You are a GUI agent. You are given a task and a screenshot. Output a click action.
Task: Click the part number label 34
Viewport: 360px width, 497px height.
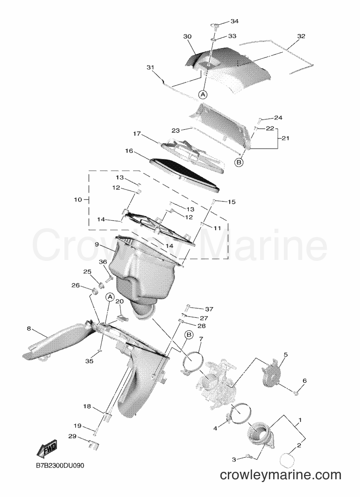pyautogui.click(x=234, y=21)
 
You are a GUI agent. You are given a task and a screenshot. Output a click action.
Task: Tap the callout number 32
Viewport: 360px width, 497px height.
pyautogui.click(x=301, y=36)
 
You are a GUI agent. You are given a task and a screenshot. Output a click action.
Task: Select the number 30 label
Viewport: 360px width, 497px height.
pyautogui.click(x=187, y=36)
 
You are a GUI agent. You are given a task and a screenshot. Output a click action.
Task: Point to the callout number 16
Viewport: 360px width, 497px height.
pyautogui.click(x=129, y=151)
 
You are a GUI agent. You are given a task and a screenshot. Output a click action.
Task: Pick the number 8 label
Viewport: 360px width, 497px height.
pyautogui.click(x=29, y=329)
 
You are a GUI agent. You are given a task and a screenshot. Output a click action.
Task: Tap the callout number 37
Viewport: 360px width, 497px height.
pyautogui.click(x=209, y=309)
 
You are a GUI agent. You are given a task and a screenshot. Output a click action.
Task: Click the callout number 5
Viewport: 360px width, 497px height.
pyautogui.click(x=285, y=354)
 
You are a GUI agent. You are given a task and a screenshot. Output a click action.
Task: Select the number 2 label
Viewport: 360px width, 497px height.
pyautogui.click(x=299, y=446)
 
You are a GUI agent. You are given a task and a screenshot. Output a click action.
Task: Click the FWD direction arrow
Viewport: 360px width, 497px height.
pyautogui.click(x=47, y=449)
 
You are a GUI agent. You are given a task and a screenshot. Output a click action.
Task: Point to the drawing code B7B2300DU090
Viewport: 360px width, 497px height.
pyautogui.click(x=60, y=466)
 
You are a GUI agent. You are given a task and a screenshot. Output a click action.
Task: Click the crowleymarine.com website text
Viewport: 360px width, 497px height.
pyautogui.click(x=280, y=475)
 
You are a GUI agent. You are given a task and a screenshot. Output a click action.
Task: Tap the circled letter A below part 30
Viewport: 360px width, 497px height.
pyautogui.click(x=203, y=94)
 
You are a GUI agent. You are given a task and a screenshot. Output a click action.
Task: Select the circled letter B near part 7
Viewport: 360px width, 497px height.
pyautogui.click(x=189, y=335)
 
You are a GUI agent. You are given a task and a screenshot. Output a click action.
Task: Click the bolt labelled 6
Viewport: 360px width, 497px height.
pyautogui.click(x=296, y=393)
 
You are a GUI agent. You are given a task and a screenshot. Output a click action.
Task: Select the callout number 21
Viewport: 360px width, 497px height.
pyautogui.click(x=285, y=138)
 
